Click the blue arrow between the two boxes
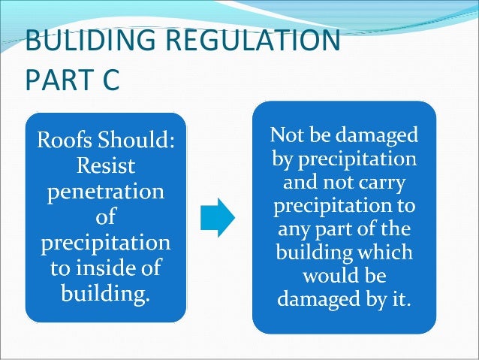pos(218,218)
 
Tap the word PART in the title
pos(57,80)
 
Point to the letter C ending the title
pos(110,80)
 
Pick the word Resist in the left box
pos(105,165)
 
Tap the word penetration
pos(105,191)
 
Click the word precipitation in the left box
pos(105,242)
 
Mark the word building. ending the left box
pos(105,292)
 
